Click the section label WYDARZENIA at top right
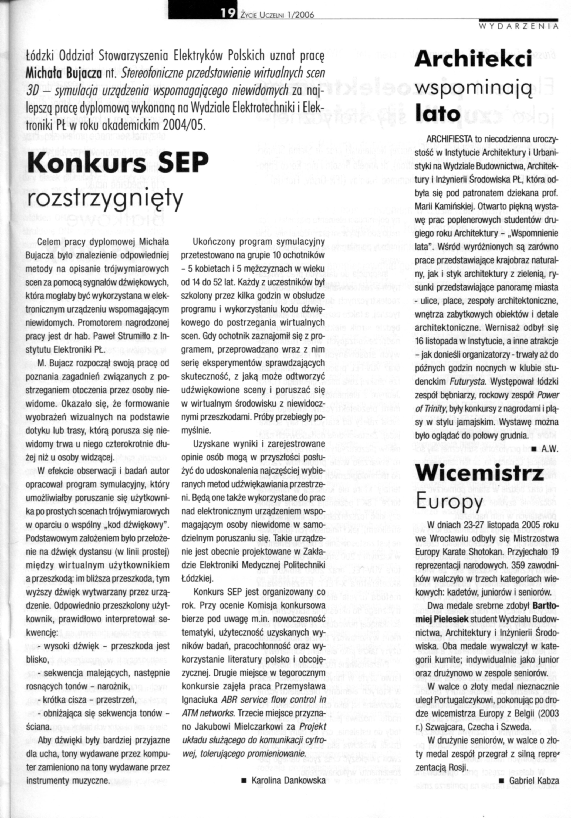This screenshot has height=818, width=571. [x=519, y=26]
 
